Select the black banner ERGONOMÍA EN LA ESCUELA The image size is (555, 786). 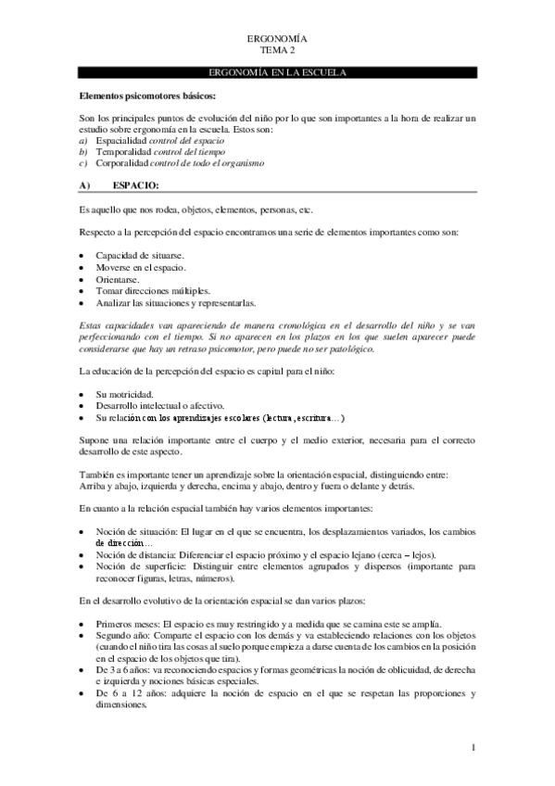278,72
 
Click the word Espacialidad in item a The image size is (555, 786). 121,140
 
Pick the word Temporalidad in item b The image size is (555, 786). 124,151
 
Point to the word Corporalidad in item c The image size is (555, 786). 123,162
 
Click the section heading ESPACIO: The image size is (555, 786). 139,185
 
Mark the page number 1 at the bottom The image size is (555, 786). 473,747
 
